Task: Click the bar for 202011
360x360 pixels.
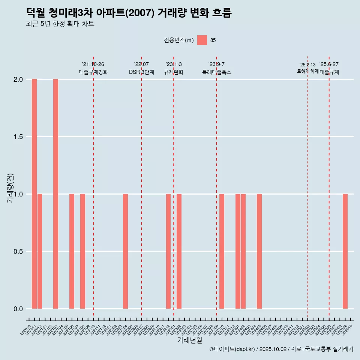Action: pyautogui.click(x=34, y=194)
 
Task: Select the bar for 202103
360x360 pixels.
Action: pyautogui.click(x=55, y=194)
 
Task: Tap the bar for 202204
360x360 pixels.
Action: pyautogui.click(x=125, y=251)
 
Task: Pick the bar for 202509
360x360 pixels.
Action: pyautogui.click(x=345, y=251)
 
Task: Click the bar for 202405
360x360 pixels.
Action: pyautogui.click(x=259, y=251)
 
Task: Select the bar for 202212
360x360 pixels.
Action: pyautogui.click(x=168, y=251)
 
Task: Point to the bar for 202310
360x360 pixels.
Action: pyautogui.click(x=222, y=251)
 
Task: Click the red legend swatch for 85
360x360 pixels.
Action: pyautogui.click(x=202, y=40)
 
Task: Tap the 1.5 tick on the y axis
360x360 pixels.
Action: pyautogui.click(x=18, y=137)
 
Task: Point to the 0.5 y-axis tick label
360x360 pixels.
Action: pyautogui.click(x=18, y=252)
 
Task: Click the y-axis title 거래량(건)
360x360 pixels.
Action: pyautogui.click(x=10, y=188)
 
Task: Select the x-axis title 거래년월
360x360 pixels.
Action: pyautogui.click(x=189, y=340)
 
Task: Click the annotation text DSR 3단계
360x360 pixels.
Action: pyautogui.click(x=142, y=72)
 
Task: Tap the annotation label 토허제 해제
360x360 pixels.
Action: pyautogui.click(x=307, y=71)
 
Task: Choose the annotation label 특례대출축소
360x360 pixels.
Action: pyautogui.click(x=217, y=72)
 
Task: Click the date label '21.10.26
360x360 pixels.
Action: pyautogui.click(x=93, y=64)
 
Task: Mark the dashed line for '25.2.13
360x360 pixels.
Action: pyautogui.click(x=307, y=187)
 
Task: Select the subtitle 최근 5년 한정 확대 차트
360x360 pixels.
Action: pyautogui.click(x=60, y=24)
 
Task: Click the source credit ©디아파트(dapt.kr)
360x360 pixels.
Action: pyautogui.click(x=232, y=349)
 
